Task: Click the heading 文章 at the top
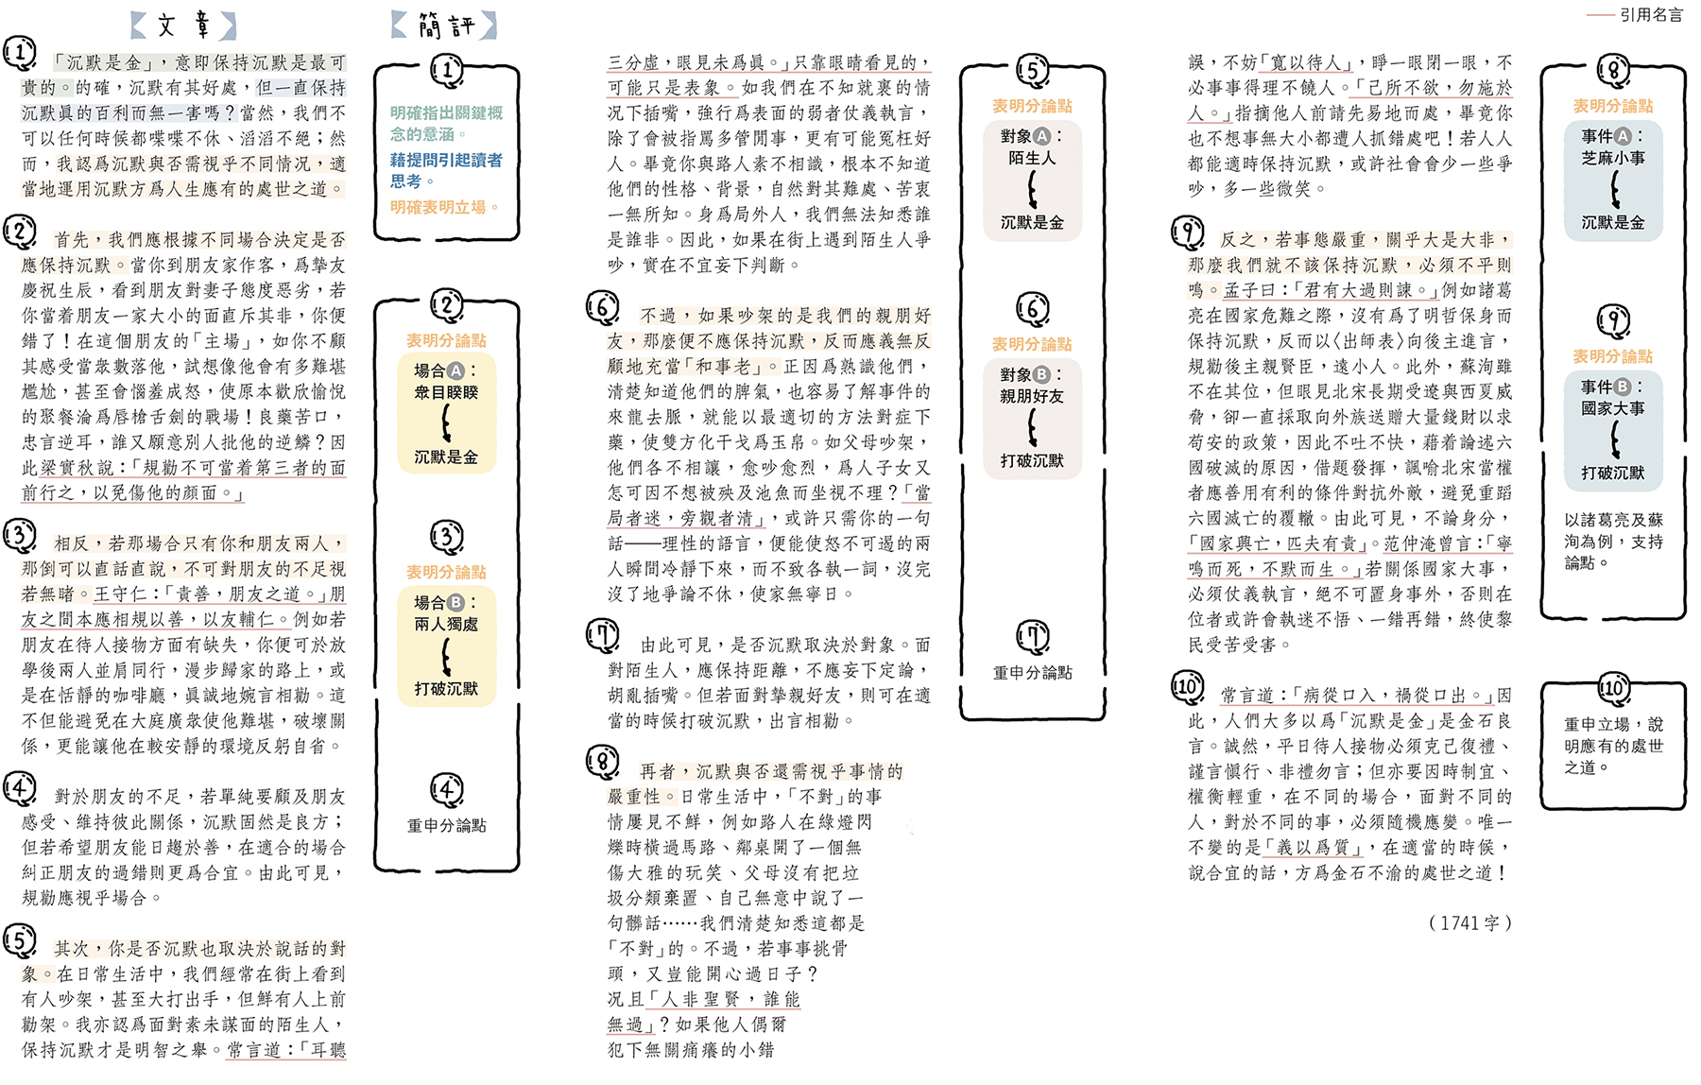[x=183, y=25]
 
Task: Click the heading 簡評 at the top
[x=445, y=26]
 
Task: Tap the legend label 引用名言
[x=1651, y=14]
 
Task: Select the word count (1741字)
[x=1469, y=922]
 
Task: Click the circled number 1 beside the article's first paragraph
[x=19, y=53]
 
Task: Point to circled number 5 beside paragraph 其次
[x=19, y=939]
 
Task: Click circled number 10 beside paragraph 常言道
[x=1187, y=685]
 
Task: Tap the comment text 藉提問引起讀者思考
[x=445, y=170]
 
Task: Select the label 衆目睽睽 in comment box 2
[x=446, y=392]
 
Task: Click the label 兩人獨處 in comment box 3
[x=446, y=624]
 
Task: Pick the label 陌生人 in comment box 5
[x=1032, y=158]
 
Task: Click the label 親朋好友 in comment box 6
[x=1032, y=396]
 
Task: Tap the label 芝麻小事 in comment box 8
[x=1613, y=158]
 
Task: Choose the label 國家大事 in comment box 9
[x=1613, y=408]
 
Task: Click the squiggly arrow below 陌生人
[x=1032, y=190]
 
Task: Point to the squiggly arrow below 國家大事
[x=1614, y=440]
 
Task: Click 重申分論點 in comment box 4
[x=446, y=825]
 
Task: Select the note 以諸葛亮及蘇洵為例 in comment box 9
[x=1613, y=541]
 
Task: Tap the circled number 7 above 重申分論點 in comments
[x=1032, y=636]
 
